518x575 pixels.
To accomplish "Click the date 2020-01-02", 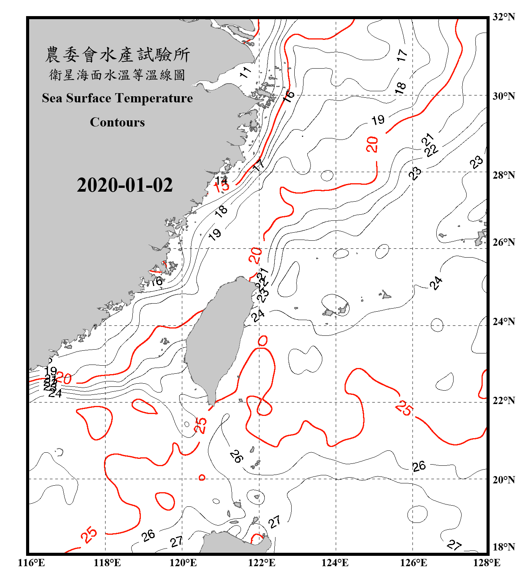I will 125,185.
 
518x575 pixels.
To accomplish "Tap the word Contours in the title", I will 117,122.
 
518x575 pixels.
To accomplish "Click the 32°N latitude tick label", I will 504,17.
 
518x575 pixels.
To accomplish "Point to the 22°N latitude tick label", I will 504,401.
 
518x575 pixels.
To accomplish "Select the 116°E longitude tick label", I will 31,563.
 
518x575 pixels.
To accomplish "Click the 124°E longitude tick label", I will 335,563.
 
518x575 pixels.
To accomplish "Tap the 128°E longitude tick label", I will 487,563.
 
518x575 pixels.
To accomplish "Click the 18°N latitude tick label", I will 504,547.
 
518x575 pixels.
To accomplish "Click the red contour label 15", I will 222,187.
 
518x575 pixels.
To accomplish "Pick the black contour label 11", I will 245,72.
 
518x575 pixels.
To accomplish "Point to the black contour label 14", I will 221,180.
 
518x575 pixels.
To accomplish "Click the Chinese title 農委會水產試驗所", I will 117,55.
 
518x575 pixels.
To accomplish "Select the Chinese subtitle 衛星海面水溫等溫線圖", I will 117,75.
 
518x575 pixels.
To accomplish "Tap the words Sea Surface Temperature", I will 117,98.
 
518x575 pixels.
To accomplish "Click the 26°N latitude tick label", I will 504,242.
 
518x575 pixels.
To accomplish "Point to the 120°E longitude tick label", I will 183,563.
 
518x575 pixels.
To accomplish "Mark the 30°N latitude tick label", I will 504,96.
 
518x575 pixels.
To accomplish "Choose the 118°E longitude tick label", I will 107,563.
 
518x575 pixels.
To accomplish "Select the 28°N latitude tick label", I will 504,175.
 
